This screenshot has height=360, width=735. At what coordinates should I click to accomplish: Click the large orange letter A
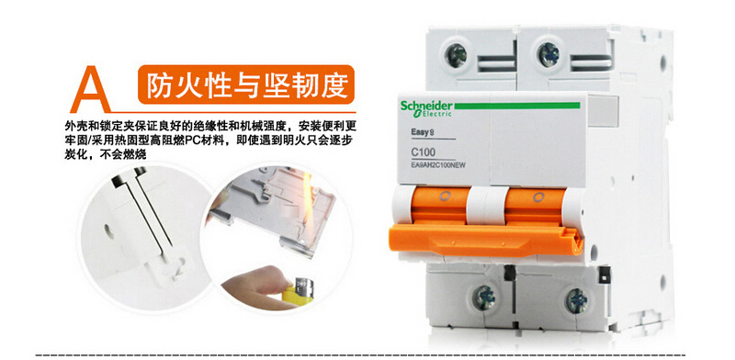[x=91, y=90]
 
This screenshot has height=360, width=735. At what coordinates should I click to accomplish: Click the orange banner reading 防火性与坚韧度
[x=246, y=84]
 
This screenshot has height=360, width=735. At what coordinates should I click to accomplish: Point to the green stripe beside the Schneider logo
[x=517, y=106]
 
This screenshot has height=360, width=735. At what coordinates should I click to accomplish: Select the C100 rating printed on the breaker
[x=423, y=152]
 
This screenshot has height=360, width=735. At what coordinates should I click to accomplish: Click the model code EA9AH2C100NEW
[x=438, y=164]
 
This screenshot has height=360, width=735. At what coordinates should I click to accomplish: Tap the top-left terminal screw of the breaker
[x=456, y=56]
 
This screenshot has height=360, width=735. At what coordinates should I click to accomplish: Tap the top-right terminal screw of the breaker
[x=548, y=55]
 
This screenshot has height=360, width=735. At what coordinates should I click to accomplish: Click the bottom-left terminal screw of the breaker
[x=484, y=298]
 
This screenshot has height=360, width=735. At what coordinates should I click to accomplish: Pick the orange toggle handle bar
[x=486, y=239]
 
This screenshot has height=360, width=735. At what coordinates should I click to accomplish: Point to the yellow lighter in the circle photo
[x=297, y=290]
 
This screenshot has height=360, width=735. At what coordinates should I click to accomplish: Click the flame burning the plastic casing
[x=308, y=201]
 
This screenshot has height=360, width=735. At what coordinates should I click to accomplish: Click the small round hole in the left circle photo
[x=107, y=230]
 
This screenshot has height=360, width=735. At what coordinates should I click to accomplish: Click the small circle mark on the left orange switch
[x=445, y=197]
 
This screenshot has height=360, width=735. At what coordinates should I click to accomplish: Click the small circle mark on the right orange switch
[x=538, y=197]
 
